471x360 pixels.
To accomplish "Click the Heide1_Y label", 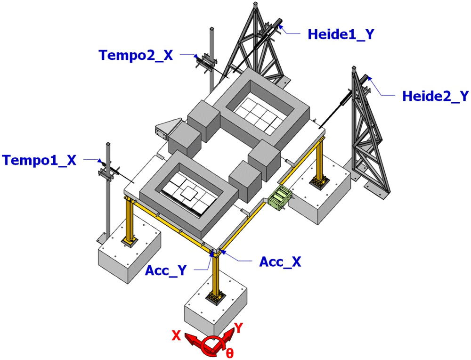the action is (x=341, y=34).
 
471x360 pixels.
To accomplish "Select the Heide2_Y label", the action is (x=435, y=96).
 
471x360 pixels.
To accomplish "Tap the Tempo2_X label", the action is (x=136, y=55).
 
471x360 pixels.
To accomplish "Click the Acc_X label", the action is (x=280, y=262).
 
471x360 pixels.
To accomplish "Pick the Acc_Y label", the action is (x=166, y=270).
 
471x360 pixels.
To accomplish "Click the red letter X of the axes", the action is (x=176, y=335).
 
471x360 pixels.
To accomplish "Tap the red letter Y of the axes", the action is (x=238, y=328).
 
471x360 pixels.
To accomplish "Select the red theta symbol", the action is (x=229, y=353).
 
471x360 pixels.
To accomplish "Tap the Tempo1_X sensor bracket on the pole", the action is (x=107, y=172).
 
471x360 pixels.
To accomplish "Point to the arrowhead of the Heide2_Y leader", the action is (x=369, y=79).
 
